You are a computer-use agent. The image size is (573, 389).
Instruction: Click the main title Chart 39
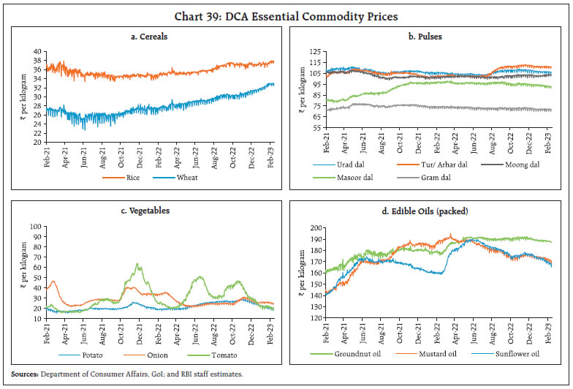click(x=286, y=15)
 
